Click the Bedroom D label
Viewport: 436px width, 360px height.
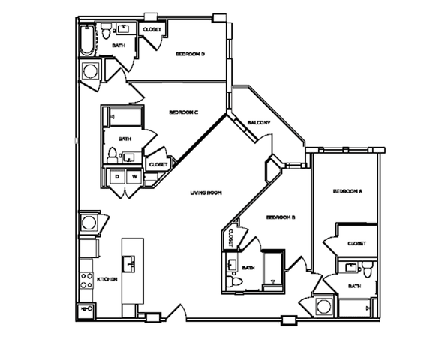(191, 54)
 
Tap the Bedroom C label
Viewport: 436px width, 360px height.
(182, 112)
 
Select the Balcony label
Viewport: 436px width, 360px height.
(259, 123)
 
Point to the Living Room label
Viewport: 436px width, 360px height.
(204, 193)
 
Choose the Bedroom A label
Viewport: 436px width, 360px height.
(348, 192)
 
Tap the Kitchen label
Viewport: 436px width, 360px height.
(107, 279)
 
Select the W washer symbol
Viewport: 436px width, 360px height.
(134, 177)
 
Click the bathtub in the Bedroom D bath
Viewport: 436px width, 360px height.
(86, 41)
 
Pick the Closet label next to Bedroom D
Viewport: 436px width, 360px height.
(152, 30)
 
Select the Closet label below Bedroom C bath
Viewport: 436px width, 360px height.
(158, 165)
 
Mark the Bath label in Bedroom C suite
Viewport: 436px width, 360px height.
(125, 139)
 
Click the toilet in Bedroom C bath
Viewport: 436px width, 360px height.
(113, 156)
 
